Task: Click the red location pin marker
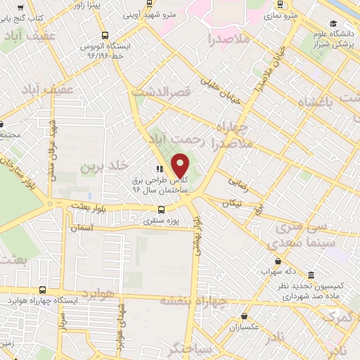click(181, 165)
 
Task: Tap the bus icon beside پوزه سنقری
click(162, 210)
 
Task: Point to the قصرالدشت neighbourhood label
click(162, 92)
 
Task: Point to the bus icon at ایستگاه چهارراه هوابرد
click(43, 290)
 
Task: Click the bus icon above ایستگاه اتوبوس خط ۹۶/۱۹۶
click(105, 35)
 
